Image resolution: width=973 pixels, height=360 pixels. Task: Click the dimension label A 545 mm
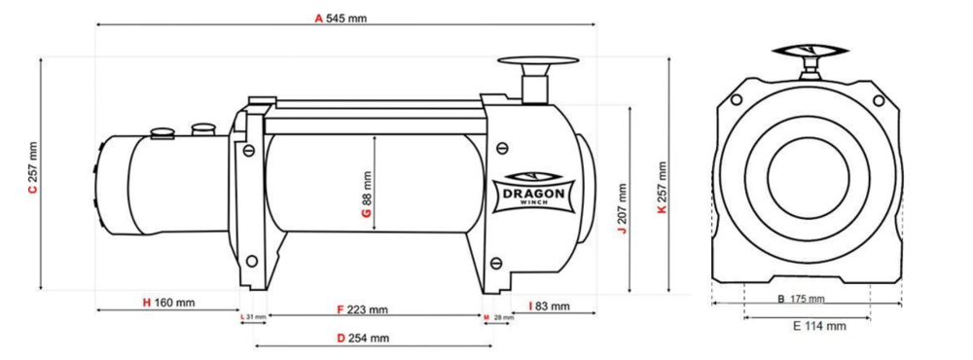coord(341,18)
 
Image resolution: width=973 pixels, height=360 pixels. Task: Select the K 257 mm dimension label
coord(662,188)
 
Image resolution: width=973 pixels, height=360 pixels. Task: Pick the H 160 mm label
coord(168,303)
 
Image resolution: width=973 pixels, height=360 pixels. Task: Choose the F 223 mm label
coord(363,309)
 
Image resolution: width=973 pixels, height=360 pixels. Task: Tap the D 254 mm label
coord(363,339)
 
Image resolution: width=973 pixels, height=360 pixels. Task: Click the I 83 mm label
coord(549,306)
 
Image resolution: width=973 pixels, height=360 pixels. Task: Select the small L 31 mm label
coord(253,317)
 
